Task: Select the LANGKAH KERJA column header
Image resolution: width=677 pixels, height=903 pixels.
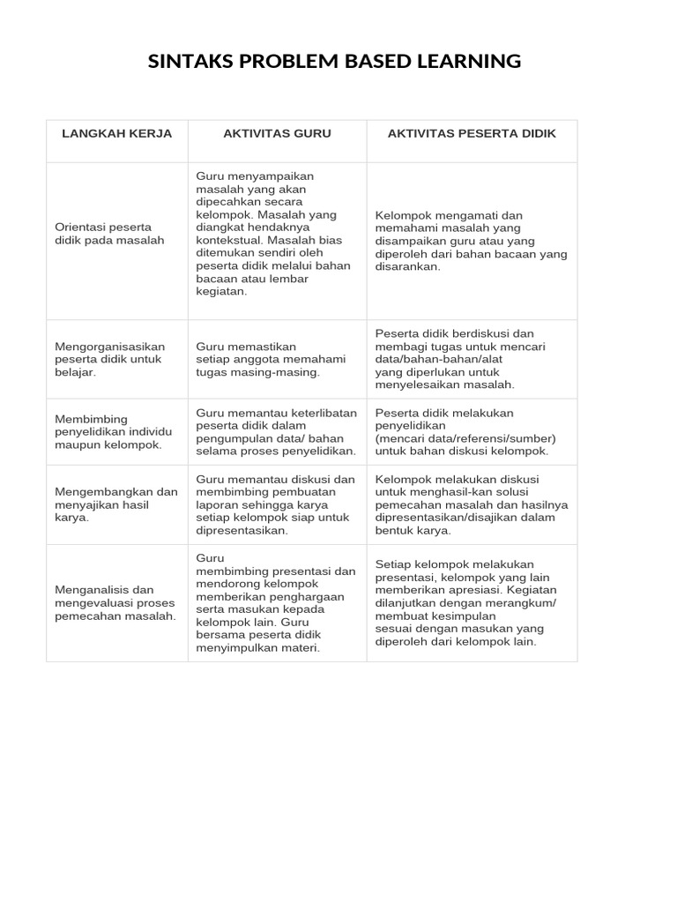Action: pyautogui.click(x=116, y=133)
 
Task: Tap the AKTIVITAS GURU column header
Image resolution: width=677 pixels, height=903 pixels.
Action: pyautogui.click(x=277, y=133)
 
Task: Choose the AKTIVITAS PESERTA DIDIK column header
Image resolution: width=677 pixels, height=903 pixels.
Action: pyautogui.click(x=472, y=133)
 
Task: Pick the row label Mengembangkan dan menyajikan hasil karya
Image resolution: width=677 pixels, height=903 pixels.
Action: pyautogui.click(x=115, y=504)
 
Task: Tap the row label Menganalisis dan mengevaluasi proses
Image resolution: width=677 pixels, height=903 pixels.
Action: pyautogui.click(x=115, y=602)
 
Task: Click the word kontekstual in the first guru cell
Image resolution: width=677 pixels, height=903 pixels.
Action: pyautogui.click(x=229, y=240)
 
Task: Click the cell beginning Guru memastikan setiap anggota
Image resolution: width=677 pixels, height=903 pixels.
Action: pyautogui.click(x=258, y=359)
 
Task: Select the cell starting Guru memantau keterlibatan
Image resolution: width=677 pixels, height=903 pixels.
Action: pyautogui.click(x=276, y=431)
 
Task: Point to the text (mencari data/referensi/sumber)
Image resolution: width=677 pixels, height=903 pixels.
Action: pyautogui.click(x=465, y=438)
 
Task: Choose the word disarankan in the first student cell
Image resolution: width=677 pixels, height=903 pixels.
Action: pyautogui.click(x=406, y=265)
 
